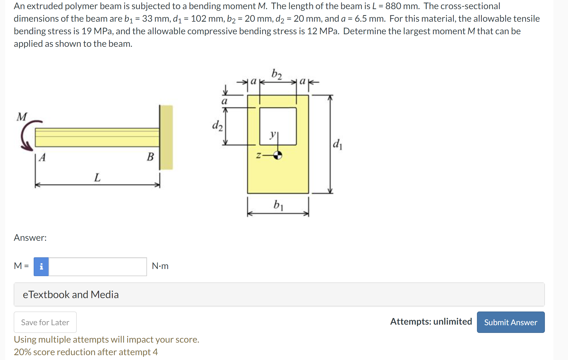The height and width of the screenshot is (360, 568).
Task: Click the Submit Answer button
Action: [510, 322]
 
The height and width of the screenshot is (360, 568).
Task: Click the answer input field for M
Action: [97, 266]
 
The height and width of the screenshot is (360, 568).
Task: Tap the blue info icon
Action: [41, 266]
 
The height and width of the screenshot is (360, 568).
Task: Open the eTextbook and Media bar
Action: [279, 294]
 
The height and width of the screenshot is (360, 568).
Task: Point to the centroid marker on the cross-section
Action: [277, 155]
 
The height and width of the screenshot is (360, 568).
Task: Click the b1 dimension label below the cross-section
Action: [278, 205]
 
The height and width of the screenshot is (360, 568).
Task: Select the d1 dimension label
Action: [337, 144]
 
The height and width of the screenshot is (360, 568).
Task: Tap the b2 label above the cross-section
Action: [276, 74]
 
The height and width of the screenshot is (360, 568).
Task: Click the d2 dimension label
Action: [217, 125]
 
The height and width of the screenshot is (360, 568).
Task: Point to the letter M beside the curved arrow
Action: [22, 117]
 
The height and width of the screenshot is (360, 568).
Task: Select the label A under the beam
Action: [43, 157]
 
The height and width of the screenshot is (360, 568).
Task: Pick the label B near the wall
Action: [150, 157]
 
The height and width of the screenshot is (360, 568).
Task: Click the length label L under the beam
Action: [97, 177]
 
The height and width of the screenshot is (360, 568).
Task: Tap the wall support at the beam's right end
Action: [166, 137]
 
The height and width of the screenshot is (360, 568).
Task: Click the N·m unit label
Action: [160, 266]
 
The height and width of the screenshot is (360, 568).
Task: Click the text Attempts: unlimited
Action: [431, 321]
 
